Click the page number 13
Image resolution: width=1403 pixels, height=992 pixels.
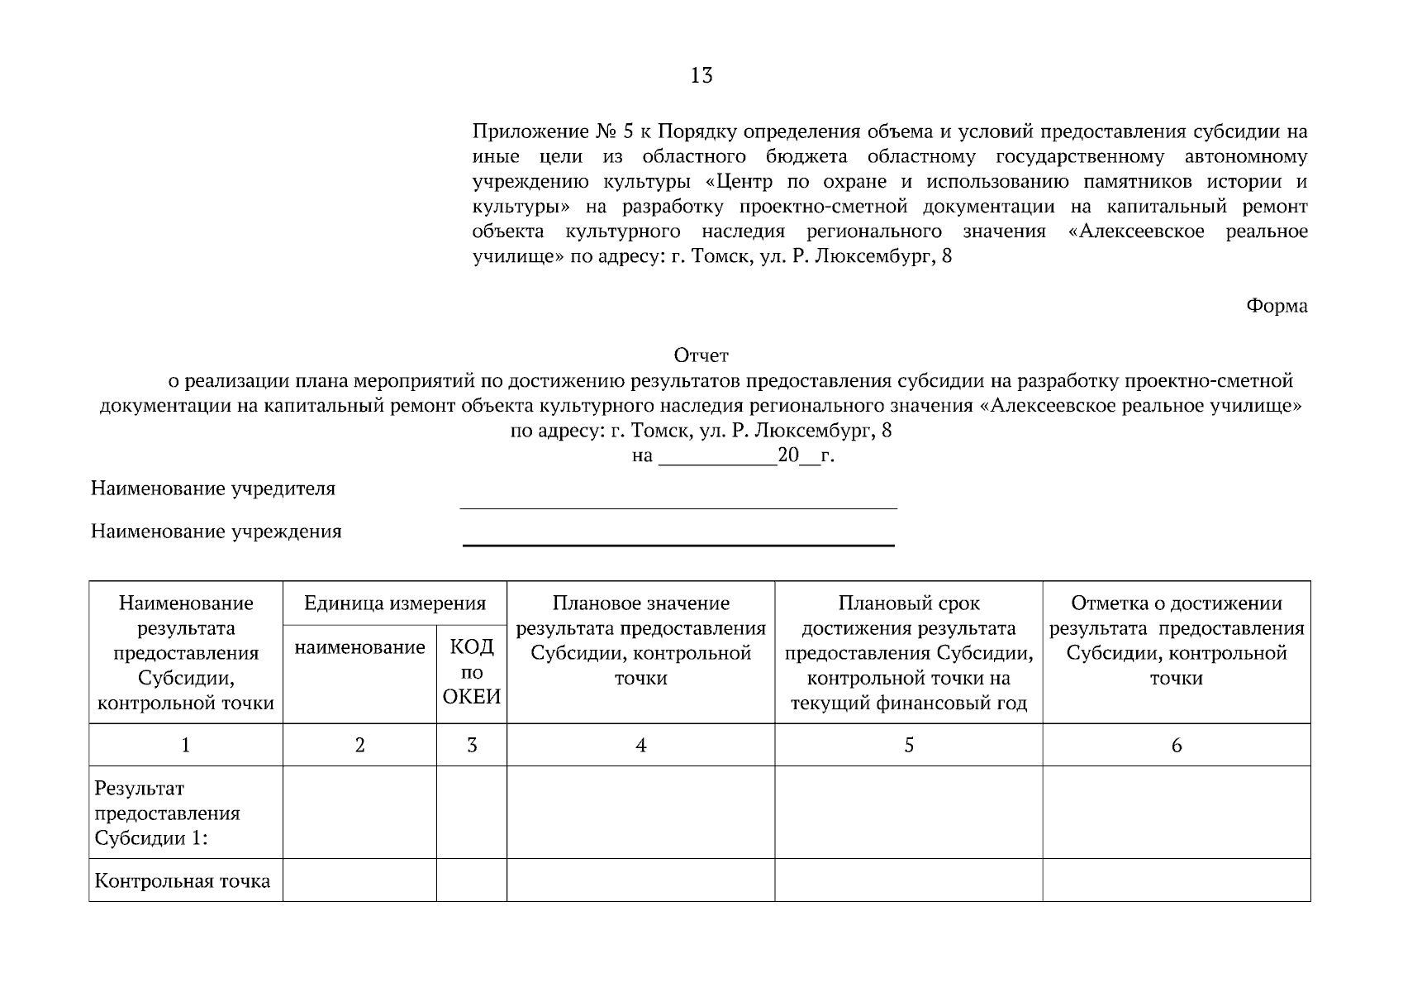[x=701, y=76]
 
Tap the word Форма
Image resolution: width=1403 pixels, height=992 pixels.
[x=1277, y=307]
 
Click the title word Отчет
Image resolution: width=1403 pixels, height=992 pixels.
[x=701, y=356]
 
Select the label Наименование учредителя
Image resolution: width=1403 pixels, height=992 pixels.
[x=213, y=489]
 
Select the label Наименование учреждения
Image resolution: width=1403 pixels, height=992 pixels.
[x=216, y=532]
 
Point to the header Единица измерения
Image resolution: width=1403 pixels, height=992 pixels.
[x=394, y=603]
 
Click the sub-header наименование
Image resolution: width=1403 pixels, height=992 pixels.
[x=359, y=648]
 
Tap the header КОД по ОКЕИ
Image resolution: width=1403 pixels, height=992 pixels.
[x=472, y=671]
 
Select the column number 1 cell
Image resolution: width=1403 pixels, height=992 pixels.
[x=186, y=746]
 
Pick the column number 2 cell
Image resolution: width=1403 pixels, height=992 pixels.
[x=359, y=746]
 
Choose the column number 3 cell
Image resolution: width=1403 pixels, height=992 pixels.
[x=472, y=746]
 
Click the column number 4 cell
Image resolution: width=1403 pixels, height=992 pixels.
[x=640, y=746]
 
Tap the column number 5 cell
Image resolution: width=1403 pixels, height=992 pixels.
[x=908, y=746]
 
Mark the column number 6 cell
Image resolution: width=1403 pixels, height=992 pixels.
[x=1177, y=746]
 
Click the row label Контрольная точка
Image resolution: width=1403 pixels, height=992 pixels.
[x=183, y=881]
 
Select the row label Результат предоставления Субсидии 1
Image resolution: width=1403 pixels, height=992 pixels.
[x=168, y=813]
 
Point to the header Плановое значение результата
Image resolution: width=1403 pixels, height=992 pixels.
[x=640, y=641]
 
